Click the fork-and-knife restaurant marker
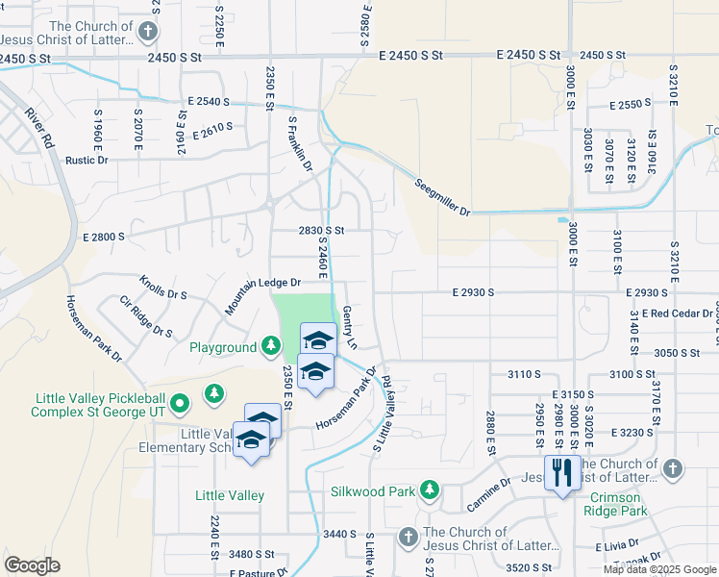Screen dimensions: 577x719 coord(560,472)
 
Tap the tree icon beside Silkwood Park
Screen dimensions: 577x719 coord(430,491)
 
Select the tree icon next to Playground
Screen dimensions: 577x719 coord(272,346)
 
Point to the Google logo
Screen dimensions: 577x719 coord(32,564)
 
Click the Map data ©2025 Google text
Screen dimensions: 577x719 coord(658,569)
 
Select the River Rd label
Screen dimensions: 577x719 coord(43,125)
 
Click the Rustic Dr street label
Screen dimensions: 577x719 coord(86,160)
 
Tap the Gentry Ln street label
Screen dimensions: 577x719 coord(350,327)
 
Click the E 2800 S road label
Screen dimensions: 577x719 coord(104,236)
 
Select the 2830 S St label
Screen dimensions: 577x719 coord(320,231)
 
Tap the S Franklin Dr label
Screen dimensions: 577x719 coord(301,144)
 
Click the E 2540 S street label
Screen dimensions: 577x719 coord(209,101)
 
